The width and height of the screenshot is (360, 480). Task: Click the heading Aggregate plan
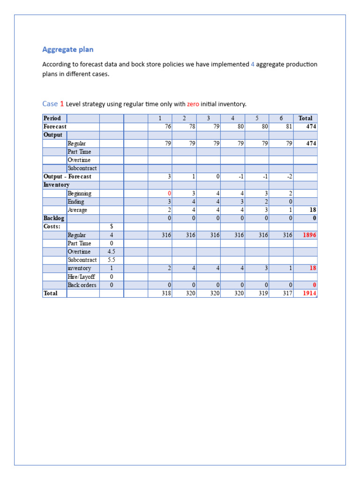pos(68,49)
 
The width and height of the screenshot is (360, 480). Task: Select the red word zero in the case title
pos(193,104)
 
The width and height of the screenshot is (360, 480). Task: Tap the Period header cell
pos(52,118)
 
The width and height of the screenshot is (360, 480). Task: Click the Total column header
pos(305,118)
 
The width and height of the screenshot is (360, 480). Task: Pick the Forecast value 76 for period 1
pos(167,127)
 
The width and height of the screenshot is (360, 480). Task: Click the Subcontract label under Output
pos(82,168)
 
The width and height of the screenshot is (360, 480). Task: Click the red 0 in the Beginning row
pos(169,193)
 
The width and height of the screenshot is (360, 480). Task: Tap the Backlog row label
pos(54,218)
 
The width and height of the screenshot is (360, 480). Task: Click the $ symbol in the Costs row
pos(112,226)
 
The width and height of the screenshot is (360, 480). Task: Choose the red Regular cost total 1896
pos(309,235)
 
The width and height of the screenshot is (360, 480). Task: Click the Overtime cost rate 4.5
pos(112,252)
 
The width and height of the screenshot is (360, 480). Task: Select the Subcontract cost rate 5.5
pos(112,260)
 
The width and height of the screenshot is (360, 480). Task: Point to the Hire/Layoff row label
pos(81,277)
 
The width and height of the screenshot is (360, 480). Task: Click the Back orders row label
pos(82,285)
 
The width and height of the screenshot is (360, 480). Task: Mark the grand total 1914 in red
pos(309,293)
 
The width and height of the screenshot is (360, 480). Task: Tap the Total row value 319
pos(262,293)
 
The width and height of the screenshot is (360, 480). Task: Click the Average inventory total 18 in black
pos(313,210)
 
